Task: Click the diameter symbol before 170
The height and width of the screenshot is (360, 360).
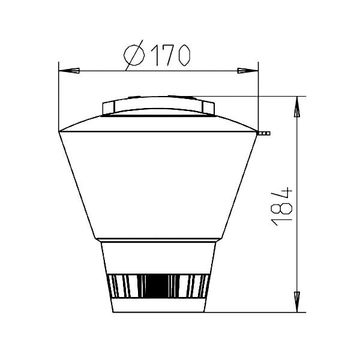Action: (134, 55)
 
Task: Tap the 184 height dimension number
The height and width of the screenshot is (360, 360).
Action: (282, 206)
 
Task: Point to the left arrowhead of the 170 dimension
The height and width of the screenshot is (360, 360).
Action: (69, 71)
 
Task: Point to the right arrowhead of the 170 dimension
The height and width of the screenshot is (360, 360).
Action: (248, 71)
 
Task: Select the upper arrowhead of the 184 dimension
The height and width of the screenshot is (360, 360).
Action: (297, 107)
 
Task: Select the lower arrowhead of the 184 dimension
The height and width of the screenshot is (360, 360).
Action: (297, 302)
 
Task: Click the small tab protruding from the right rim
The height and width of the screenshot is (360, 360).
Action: (263, 133)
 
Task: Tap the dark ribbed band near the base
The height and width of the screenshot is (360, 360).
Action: (158, 286)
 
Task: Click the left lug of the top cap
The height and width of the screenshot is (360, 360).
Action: (109, 108)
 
